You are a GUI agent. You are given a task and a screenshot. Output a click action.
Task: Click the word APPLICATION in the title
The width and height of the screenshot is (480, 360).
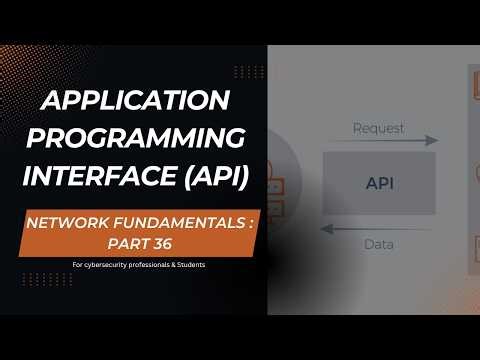coord(136,100)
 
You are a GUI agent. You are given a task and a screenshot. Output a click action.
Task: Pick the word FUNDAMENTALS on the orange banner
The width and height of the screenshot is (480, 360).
coord(178,224)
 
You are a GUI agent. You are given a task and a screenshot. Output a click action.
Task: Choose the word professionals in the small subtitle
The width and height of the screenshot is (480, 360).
coord(138,265)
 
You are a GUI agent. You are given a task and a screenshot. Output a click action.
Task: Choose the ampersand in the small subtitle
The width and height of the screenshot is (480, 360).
coord(162,265)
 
